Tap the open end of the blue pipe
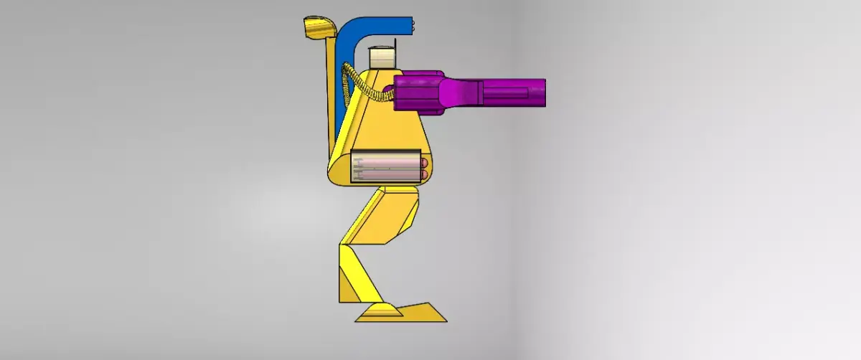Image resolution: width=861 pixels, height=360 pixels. [x=412, y=26]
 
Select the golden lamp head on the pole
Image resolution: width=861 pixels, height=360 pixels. [x=319, y=29]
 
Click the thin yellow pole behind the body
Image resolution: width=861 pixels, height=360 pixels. [x=331, y=93]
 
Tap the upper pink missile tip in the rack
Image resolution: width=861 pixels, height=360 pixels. [x=424, y=164]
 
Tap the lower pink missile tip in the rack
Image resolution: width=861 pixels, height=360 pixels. [x=424, y=174]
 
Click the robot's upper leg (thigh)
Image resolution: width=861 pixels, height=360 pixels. [x=380, y=215]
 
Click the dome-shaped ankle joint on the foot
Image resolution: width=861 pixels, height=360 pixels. [x=380, y=310]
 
